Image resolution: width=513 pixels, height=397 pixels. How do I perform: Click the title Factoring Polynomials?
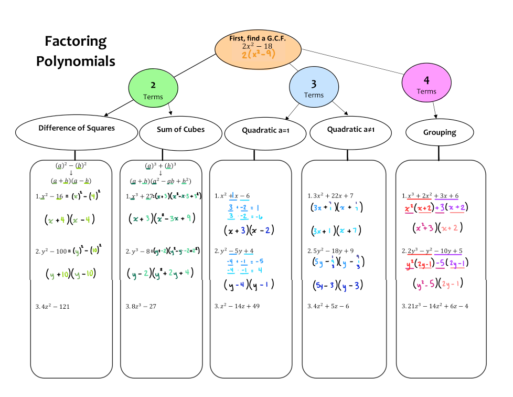coord(76,51)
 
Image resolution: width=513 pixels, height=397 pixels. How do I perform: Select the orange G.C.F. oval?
coord(258,47)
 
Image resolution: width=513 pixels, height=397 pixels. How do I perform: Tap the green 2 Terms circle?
coord(153,89)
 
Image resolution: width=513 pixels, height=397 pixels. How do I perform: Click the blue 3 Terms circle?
coord(314,88)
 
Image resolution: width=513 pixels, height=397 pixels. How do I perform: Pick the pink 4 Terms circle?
coord(426,85)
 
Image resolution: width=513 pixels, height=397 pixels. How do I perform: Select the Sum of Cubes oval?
coord(180,133)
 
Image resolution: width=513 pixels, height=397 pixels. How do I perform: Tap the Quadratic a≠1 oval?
coord(351,132)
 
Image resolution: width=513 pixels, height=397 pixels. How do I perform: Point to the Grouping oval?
coord(440,133)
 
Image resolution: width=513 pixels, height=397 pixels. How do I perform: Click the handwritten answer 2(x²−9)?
coord(259,54)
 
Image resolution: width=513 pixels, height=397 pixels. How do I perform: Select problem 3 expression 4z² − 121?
coord(55,306)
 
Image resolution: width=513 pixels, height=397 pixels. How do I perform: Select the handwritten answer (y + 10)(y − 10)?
coord(70,274)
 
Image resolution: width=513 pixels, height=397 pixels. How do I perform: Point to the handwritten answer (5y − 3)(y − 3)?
coord(338,285)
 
